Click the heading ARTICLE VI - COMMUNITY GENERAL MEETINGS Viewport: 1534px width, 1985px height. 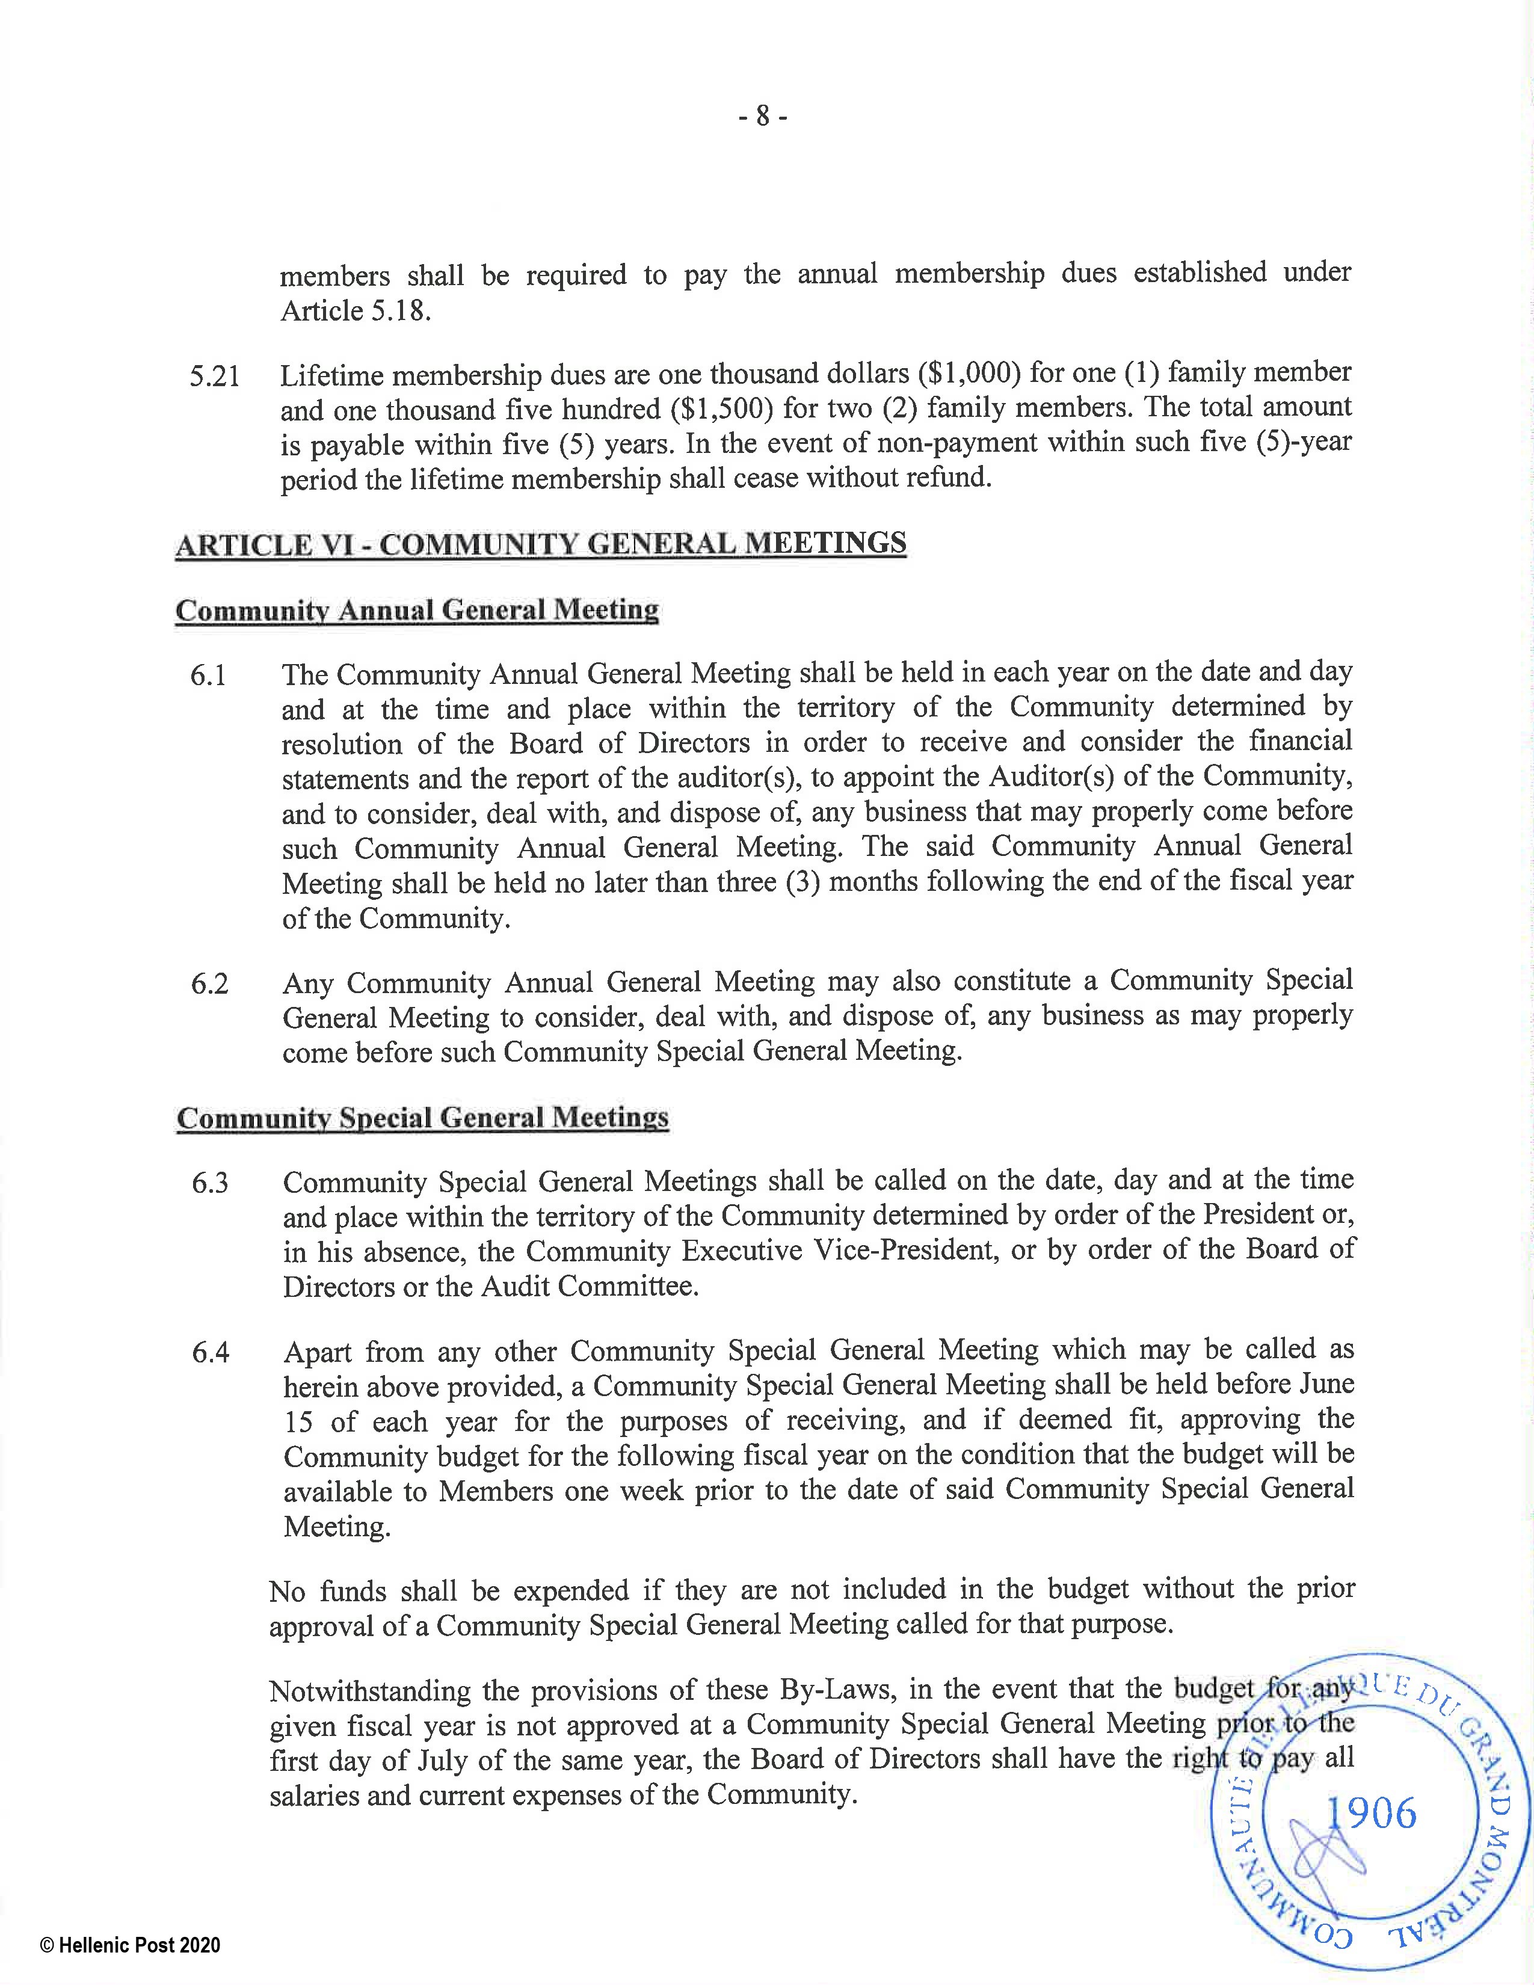(x=541, y=544)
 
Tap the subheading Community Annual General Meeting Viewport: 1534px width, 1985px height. (x=417, y=610)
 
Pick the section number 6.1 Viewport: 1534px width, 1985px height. (x=208, y=676)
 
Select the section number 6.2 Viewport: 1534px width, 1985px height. (x=209, y=984)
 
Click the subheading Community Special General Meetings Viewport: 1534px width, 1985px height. (x=422, y=1118)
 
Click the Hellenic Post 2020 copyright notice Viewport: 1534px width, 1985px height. (x=130, y=1946)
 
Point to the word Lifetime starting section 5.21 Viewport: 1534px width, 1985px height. (x=337, y=375)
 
